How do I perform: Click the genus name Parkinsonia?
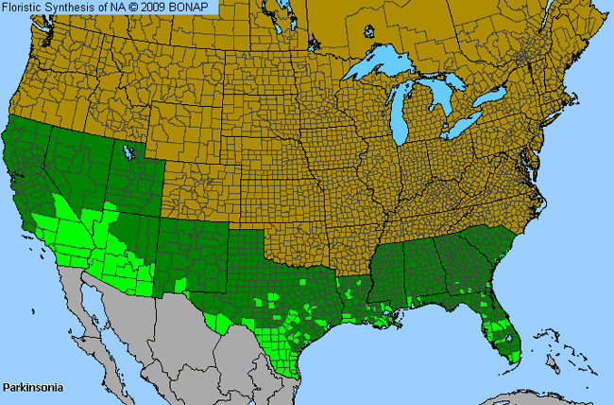(x=31, y=388)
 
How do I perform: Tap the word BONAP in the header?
(x=198, y=8)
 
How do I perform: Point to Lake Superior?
(x=383, y=68)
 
